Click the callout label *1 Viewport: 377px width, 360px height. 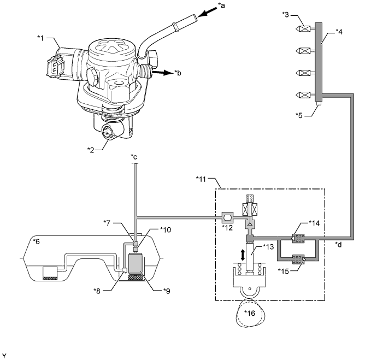point(40,38)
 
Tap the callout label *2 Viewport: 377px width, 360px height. point(91,150)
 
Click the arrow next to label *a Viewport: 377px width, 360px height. point(207,11)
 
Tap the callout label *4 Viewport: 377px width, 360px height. point(339,32)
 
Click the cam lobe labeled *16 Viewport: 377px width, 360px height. point(250,313)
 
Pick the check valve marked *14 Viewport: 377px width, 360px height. point(298,238)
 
